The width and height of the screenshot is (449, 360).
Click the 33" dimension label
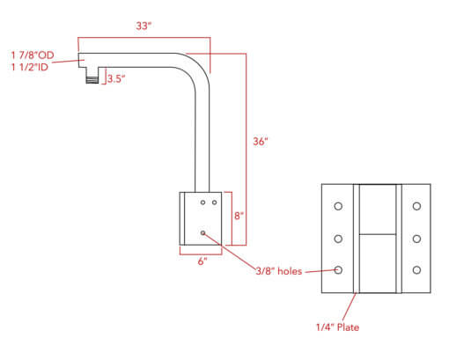(x=144, y=26)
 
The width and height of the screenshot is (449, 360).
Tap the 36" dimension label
(x=261, y=142)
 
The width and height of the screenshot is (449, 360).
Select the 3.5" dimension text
(x=116, y=78)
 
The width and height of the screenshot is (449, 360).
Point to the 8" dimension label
(x=239, y=216)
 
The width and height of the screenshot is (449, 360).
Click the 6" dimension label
(x=202, y=261)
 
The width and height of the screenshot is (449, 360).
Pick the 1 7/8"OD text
(x=33, y=55)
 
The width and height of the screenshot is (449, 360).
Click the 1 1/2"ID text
(x=30, y=67)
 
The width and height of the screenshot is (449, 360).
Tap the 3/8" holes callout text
(x=279, y=271)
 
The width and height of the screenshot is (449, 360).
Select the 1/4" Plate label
(x=337, y=327)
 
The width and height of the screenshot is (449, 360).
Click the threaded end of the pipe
(x=92, y=79)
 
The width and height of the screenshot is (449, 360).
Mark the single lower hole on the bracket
(x=202, y=233)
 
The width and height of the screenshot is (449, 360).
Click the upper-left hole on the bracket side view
(x=202, y=202)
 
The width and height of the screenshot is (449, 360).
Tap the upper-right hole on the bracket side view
(x=215, y=202)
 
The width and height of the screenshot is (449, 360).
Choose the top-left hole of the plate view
(x=338, y=206)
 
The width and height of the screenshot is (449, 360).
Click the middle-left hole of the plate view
(x=338, y=239)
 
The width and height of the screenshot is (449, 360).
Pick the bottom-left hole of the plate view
(x=338, y=270)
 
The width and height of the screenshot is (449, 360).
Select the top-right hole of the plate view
(x=416, y=206)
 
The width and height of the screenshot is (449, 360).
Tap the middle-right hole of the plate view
(x=416, y=239)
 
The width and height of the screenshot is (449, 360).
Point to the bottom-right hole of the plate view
(x=416, y=270)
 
